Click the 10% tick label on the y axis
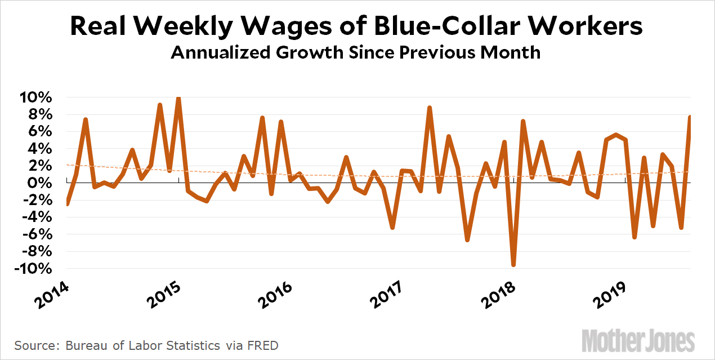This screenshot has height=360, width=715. (x=37, y=97)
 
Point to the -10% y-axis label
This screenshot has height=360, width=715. (x=34, y=269)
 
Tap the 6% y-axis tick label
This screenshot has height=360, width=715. (x=41, y=132)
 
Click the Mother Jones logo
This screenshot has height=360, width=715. (x=638, y=341)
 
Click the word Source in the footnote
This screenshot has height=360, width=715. (x=33, y=345)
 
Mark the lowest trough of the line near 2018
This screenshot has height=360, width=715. (x=513, y=265)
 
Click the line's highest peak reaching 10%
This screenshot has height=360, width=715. (x=178, y=98)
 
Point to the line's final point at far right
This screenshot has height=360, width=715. (x=690, y=117)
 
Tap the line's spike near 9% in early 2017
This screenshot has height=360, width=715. (x=430, y=108)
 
